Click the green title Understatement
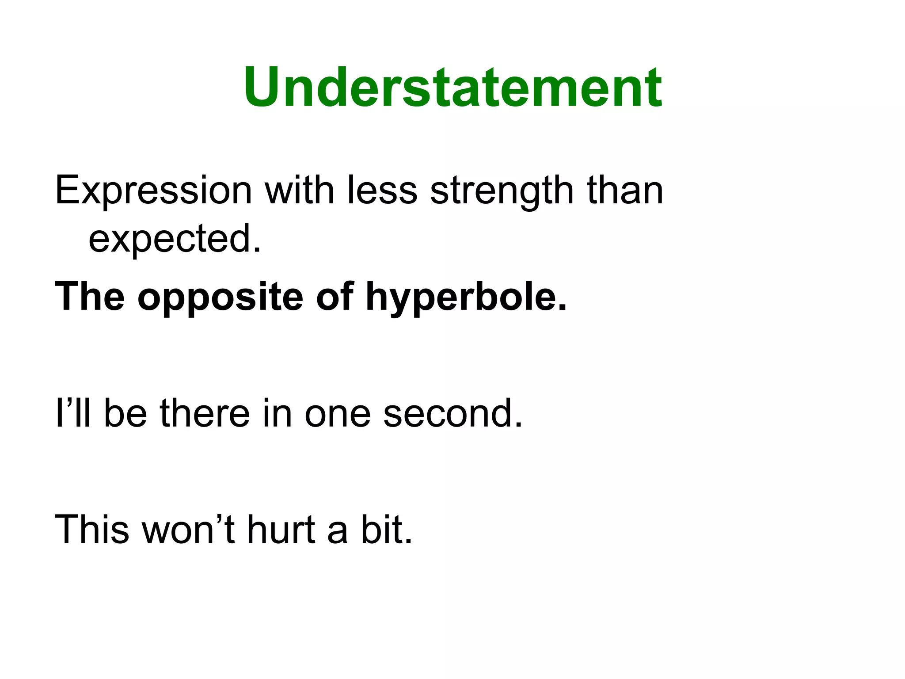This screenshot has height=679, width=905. coord(452,88)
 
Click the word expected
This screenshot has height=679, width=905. coord(175,239)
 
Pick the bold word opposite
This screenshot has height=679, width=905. coord(220,297)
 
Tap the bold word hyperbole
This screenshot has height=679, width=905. coord(466,297)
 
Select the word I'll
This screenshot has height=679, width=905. coord(73,413)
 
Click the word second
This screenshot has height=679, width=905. coord(453,413)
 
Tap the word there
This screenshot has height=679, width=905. coord(205,413)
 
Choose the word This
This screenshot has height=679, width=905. coord(92,529)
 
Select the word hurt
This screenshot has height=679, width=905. coord(281,529)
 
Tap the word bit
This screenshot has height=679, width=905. coord(387,529)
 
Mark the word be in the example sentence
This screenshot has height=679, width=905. coord(125,413)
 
